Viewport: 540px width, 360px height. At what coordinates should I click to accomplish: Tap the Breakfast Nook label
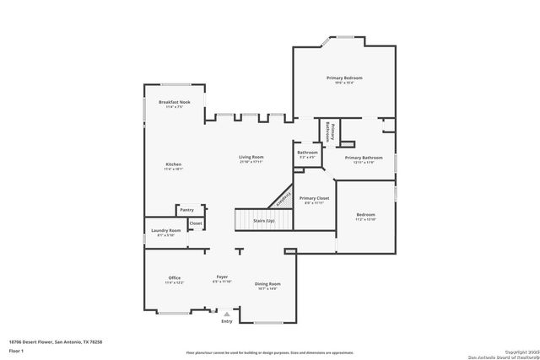pos(174,102)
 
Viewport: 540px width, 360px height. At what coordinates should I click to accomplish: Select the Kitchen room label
pos(174,164)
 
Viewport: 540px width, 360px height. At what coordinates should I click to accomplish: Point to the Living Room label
pos(251,158)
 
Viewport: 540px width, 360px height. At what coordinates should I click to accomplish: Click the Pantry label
pos(186,210)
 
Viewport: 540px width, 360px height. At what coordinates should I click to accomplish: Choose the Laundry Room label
pos(165,231)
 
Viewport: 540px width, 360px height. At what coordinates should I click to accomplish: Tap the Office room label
pos(174,278)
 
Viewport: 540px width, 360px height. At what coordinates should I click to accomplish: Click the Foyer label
pos(222,277)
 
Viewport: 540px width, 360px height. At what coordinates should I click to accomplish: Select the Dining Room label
pos(267,284)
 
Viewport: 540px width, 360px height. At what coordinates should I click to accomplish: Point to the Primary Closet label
pos(314,199)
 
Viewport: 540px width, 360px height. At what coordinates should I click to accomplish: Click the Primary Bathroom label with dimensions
pos(364,159)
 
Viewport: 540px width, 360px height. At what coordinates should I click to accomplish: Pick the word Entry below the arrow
pos(226,321)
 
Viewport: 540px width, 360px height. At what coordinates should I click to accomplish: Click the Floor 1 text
pos(16,349)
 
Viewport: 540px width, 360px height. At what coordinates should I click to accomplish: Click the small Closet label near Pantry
pos(195,223)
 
